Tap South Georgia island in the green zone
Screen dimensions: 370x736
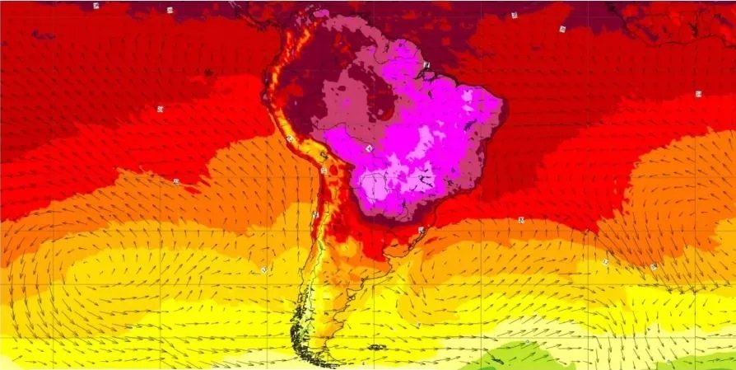coord(527,342)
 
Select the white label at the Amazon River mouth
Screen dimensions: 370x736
coord(426,64)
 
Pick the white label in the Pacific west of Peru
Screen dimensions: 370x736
coord(161,108)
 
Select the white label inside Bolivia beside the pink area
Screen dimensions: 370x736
coord(369,148)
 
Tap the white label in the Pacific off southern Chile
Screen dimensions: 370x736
coord(264,269)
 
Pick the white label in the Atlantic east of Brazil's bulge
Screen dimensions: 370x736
coord(698,94)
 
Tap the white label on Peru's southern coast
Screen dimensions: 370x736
coord(290,139)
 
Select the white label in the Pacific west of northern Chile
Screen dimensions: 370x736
coord(176,180)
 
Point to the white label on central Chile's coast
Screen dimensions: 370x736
coord(315,214)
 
